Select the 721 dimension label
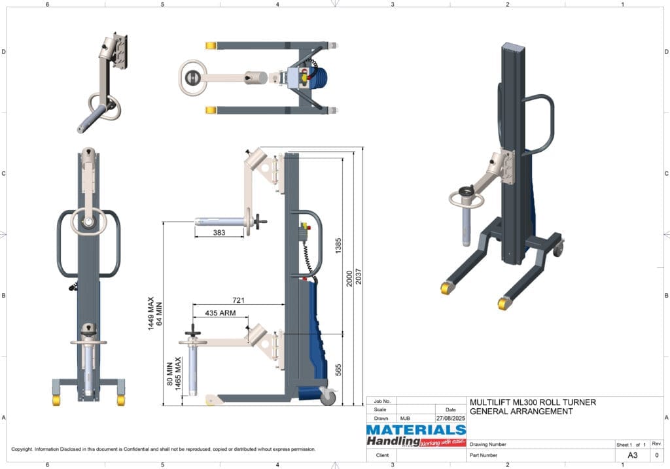pyautogui.click(x=239, y=300)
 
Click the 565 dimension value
pyautogui.click(x=338, y=370)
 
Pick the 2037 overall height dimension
pyautogui.click(x=358, y=277)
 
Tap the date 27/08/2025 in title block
pyautogui.click(x=451, y=418)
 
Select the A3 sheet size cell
pyautogui.click(x=633, y=455)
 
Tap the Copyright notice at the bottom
pyautogui.click(x=164, y=449)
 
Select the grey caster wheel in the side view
pyautogui.click(x=327, y=397)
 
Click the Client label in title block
pyautogui.click(x=383, y=455)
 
